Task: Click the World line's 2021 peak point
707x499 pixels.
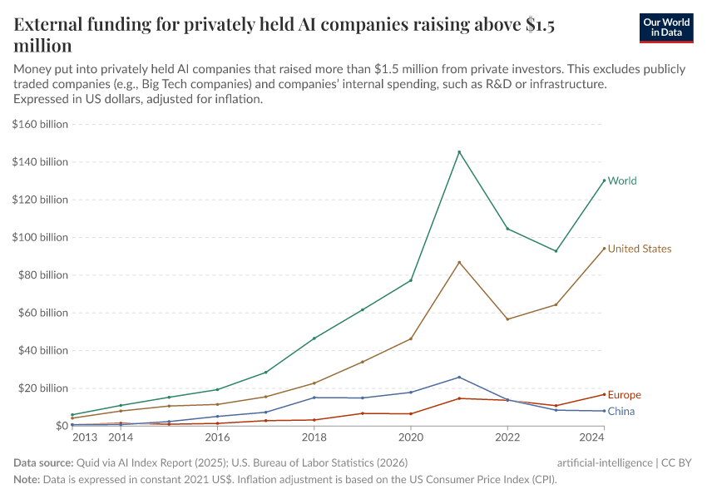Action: [459, 151]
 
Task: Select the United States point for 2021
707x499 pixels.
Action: [459, 262]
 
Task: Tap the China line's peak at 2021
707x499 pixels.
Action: [459, 377]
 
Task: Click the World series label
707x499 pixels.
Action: [622, 180]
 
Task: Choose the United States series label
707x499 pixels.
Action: [639, 249]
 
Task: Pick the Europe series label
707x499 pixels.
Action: [624, 395]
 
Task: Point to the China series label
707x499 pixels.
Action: [621, 412]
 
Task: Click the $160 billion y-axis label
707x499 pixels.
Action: [40, 124]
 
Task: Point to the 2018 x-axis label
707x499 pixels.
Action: [314, 437]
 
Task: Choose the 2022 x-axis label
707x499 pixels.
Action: [507, 437]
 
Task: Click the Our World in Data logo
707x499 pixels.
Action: [667, 27]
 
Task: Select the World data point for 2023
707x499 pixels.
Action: [556, 251]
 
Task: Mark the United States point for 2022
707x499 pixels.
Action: [507, 319]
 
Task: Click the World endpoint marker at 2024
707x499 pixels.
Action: [604, 180]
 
